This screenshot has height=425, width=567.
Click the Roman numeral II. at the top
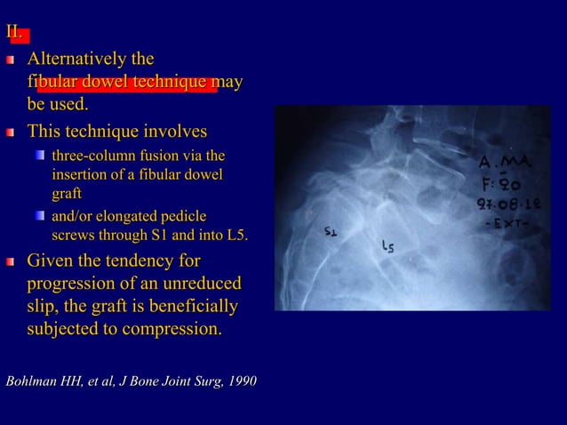15,34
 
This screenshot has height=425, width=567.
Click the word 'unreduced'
202,285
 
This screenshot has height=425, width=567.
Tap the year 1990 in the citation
242,381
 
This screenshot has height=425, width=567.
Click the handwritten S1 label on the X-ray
331,233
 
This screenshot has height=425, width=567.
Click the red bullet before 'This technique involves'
11,133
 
